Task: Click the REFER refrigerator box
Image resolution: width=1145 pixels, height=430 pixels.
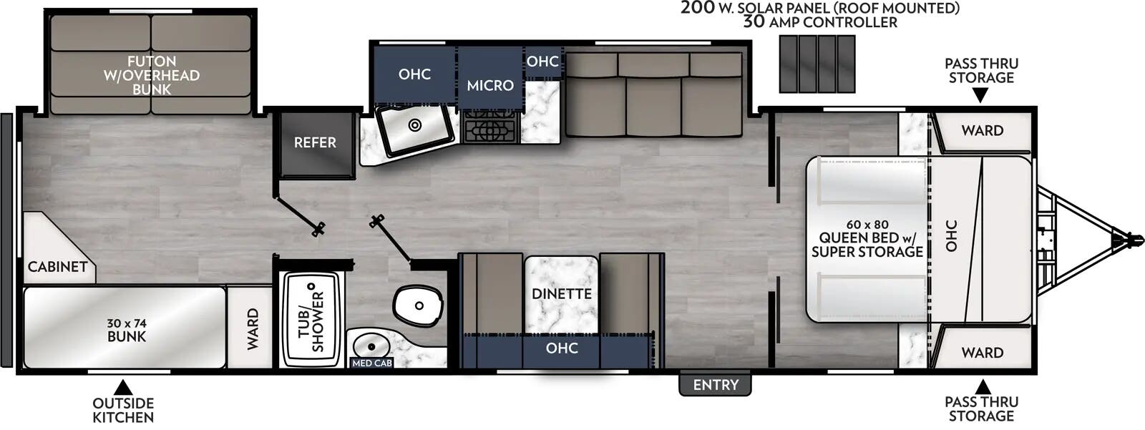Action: point(316,143)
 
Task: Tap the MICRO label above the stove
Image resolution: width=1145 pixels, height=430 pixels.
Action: point(490,85)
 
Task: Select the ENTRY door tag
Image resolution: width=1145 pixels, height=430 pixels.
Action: point(715,385)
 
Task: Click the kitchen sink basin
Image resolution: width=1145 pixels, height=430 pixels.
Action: point(415,127)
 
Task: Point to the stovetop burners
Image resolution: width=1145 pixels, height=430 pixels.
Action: point(490,130)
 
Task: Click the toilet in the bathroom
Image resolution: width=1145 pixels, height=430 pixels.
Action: point(417,305)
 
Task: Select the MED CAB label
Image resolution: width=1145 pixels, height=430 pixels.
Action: point(372,363)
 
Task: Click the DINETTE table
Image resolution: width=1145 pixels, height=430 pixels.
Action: point(561,293)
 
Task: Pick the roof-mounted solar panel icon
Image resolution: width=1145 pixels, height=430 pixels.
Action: point(817,64)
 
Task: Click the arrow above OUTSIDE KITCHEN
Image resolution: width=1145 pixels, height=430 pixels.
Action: point(123,388)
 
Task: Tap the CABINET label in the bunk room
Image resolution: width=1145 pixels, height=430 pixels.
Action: point(57,267)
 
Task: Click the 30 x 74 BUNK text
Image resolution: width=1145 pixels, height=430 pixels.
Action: point(127,330)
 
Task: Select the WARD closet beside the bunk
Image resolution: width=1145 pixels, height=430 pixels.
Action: point(252,328)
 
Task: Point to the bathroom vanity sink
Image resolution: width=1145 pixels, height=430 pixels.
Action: point(371,346)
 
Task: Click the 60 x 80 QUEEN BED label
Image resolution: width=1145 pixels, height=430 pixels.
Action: point(867,238)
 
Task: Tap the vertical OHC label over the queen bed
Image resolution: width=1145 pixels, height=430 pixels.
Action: point(951,235)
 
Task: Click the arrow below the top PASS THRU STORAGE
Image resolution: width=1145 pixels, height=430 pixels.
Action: point(981,95)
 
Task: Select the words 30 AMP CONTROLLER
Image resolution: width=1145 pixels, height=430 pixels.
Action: point(819,22)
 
